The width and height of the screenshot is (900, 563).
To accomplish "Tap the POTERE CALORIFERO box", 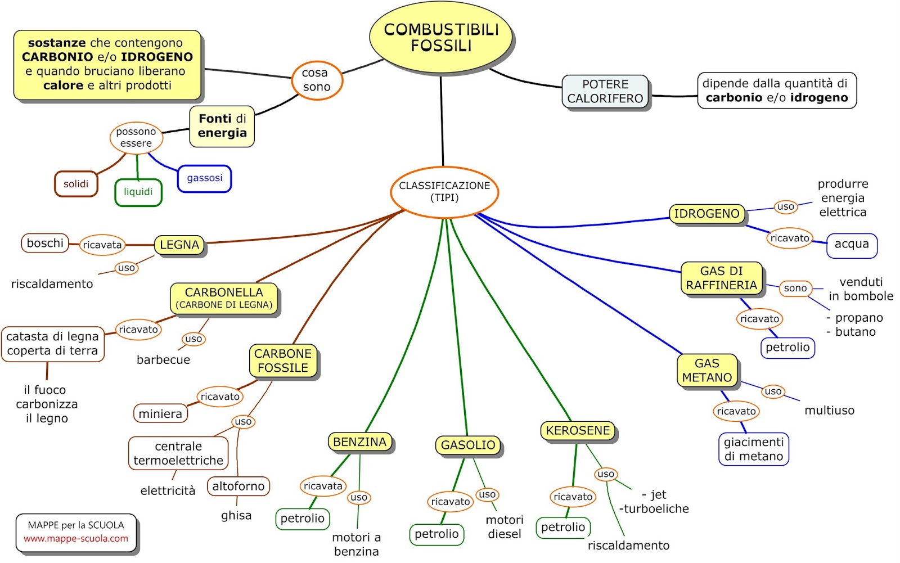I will click(x=605, y=92).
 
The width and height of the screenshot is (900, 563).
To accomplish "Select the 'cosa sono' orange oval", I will click(x=316, y=80).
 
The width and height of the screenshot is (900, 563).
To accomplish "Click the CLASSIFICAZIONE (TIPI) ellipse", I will click(x=444, y=192).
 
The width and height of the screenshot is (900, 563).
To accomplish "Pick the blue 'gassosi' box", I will click(x=204, y=178).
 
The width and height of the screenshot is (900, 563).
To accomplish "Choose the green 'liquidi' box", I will click(x=138, y=192).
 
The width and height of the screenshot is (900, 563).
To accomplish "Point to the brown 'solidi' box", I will click(x=76, y=184).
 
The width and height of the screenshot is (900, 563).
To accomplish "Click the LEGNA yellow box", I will click(x=179, y=245).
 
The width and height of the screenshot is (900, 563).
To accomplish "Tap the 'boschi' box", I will click(x=45, y=243).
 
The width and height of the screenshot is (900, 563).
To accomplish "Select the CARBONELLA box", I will click(x=224, y=298).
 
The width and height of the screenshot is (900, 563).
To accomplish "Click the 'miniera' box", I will click(x=160, y=413).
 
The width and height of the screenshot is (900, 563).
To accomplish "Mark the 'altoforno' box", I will click(x=238, y=486).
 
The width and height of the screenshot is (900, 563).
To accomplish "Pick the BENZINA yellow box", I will click(x=359, y=442).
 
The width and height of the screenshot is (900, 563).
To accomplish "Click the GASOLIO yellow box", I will click(x=468, y=445).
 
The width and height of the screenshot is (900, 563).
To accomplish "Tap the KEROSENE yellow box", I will click(x=578, y=431).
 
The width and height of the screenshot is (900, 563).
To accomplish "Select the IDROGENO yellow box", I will click(x=706, y=214).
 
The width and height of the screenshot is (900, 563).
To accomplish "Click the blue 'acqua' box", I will click(x=851, y=244).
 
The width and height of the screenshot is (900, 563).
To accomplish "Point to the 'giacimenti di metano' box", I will click(x=753, y=449).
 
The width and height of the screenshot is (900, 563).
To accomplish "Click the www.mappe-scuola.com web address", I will click(x=76, y=539).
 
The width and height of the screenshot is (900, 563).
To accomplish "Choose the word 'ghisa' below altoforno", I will click(x=236, y=516).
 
